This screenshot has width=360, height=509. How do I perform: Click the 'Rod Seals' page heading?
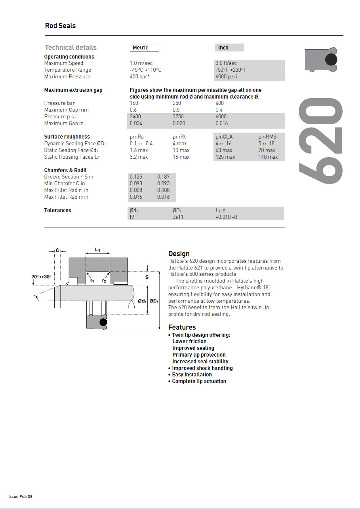point(60,26)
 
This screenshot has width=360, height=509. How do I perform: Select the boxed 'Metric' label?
point(144,48)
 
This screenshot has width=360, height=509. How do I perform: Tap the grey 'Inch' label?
point(223,48)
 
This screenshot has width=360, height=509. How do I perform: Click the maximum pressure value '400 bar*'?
point(139,77)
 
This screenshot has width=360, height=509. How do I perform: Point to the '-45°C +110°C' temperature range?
point(145,70)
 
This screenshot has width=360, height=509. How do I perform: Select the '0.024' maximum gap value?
point(136,123)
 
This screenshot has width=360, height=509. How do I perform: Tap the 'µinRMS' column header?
point(267,137)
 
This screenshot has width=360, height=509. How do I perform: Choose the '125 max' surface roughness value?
point(225,157)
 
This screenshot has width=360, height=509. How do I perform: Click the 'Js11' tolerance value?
point(178,217)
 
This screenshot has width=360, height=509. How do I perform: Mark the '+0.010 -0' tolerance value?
point(226,217)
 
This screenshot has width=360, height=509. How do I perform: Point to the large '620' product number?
point(320,141)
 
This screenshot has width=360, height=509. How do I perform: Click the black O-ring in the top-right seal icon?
point(331,60)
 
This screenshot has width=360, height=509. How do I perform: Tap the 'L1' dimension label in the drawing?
point(97,250)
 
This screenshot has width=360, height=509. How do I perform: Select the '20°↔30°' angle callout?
point(41,277)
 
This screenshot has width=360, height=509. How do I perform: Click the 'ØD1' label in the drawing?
point(154,302)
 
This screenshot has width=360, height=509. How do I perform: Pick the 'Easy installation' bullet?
point(192,375)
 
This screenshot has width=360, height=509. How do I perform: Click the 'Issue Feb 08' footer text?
point(21,497)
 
